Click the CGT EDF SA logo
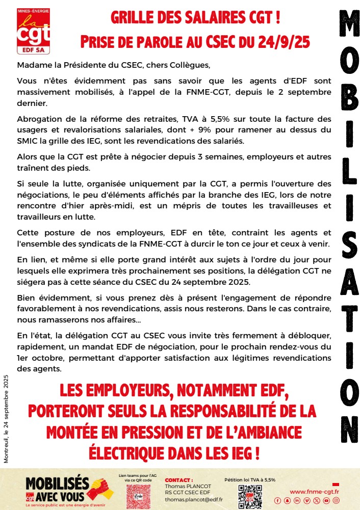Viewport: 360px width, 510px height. click(x=34, y=31)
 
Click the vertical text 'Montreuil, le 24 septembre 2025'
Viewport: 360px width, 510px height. click(x=6, y=418)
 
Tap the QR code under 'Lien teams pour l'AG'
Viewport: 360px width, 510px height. click(x=139, y=496)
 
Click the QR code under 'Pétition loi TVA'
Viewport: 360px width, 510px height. click(x=250, y=496)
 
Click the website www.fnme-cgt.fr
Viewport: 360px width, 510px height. click(x=315, y=491)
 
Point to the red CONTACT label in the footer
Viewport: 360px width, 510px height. click(x=179, y=480)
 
